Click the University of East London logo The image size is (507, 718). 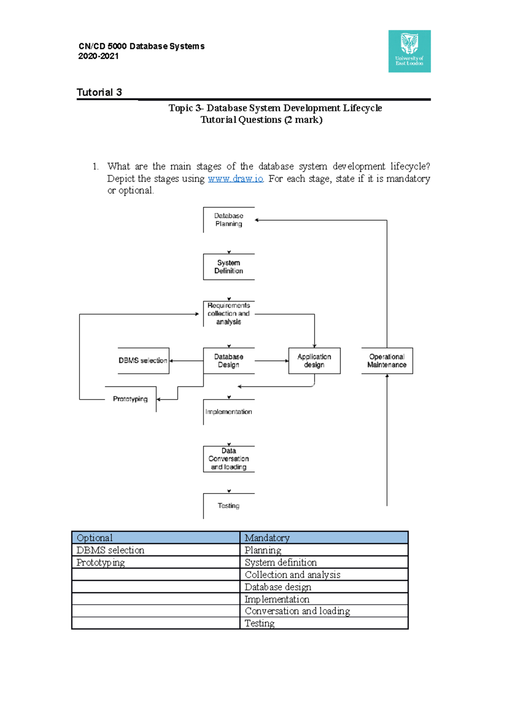click(409, 51)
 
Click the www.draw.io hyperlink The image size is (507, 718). click(235, 179)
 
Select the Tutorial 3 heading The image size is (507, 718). click(99, 93)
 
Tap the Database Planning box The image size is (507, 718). click(229, 220)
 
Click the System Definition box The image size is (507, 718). click(229, 267)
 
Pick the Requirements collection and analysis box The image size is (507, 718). click(229, 314)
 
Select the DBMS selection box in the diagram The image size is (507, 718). click(143, 361)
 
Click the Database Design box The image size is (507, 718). click(229, 361)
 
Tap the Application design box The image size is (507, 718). click(314, 361)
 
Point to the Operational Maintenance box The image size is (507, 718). click(387, 361)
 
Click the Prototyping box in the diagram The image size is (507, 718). click(130, 399)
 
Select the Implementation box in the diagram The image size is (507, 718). click(229, 412)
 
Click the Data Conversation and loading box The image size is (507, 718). click(229, 459)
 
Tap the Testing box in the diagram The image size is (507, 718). click(229, 506)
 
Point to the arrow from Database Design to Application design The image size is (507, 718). click(271, 361)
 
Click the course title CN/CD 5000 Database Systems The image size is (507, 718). click(142, 46)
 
